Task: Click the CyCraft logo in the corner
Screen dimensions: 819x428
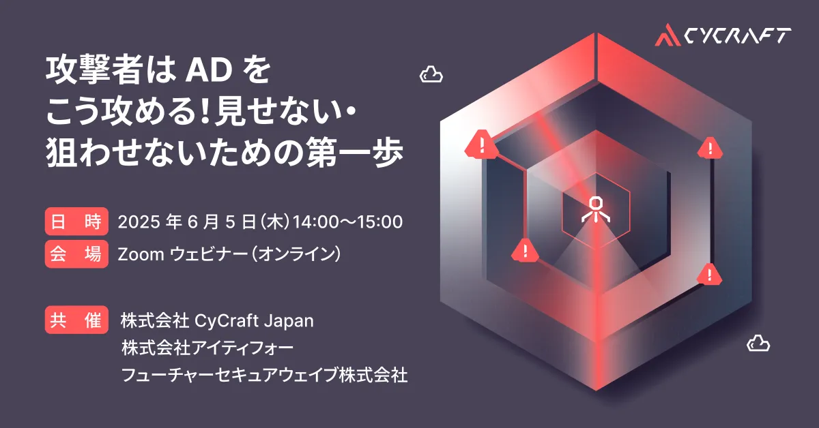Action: tap(723, 35)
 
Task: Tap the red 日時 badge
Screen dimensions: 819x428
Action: tap(76, 221)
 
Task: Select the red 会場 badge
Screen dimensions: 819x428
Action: tap(76, 254)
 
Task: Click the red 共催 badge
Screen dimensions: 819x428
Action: tap(76, 320)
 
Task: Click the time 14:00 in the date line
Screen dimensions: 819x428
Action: tap(316, 221)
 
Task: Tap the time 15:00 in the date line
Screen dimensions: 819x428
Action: tap(379, 221)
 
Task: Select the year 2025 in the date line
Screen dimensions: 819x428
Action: tap(139, 221)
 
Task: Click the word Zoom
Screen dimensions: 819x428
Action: tap(141, 254)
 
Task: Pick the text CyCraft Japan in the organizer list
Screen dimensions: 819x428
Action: tap(254, 322)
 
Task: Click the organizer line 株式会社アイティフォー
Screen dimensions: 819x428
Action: tap(207, 348)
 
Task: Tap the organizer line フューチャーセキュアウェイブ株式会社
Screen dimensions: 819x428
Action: tap(264, 375)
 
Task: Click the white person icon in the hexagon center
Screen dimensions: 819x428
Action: tap(596, 209)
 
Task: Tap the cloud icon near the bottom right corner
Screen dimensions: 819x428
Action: tap(758, 343)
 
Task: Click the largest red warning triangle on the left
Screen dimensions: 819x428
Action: tap(482, 144)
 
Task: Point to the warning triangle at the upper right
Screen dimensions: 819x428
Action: tap(710, 149)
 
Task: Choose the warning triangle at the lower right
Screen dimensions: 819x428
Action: tap(709, 274)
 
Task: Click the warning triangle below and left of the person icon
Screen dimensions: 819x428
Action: tap(525, 251)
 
